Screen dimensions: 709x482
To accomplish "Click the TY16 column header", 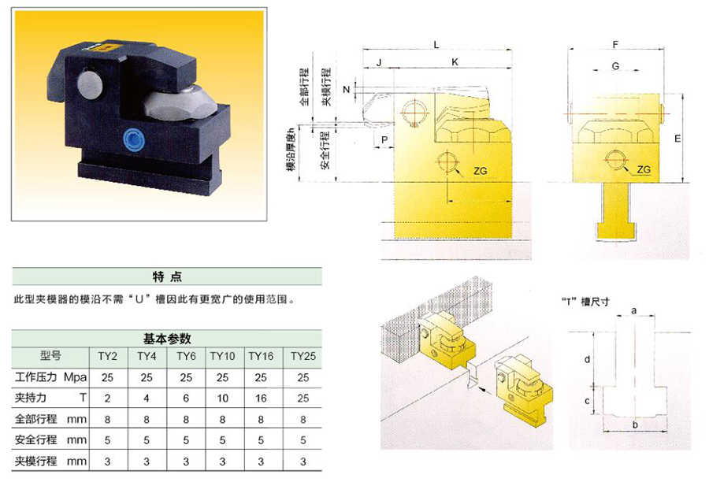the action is click(x=261, y=356).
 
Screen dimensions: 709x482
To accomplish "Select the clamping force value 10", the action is click(x=222, y=399).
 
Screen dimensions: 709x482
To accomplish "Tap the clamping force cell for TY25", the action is click(x=303, y=399).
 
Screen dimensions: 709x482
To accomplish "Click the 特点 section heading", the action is click(x=167, y=276).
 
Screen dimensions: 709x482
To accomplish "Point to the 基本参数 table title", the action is click(x=167, y=339).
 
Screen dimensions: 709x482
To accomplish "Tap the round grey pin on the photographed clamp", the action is click(x=91, y=83).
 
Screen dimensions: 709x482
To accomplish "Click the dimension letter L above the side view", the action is click(x=436, y=44).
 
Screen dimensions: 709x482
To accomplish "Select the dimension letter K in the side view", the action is click(x=455, y=62).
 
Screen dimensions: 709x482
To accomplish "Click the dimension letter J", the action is click(x=379, y=63).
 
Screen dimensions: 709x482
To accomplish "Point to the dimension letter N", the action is click(x=347, y=90).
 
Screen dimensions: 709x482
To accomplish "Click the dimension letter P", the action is click(x=384, y=139).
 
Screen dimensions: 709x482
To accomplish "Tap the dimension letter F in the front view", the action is click(x=615, y=44).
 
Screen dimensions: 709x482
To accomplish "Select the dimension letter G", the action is click(x=615, y=66).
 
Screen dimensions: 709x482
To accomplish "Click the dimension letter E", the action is click(x=677, y=139).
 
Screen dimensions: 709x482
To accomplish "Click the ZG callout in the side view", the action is click(x=481, y=171).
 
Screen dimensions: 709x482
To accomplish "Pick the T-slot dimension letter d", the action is click(x=587, y=359).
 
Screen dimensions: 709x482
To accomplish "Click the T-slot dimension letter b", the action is click(x=635, y=425).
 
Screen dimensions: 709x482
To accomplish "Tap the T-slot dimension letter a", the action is click(x=634, y=310).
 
